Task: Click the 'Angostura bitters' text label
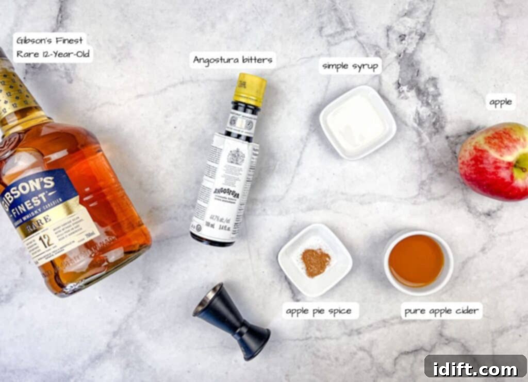[x=233, y=60]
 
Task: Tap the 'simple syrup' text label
[x=350, y=66]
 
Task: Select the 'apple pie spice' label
[x=319, y=311]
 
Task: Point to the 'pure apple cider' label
[x=442, y=311]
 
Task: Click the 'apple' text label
[x=500, y=102]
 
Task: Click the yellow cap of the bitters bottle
[x=250, y=89]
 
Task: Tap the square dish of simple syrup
[x=357, y=122]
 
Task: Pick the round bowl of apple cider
[x=417, y=262]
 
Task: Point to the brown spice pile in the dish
[x=316, y=262]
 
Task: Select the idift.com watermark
[x=475, y=368]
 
